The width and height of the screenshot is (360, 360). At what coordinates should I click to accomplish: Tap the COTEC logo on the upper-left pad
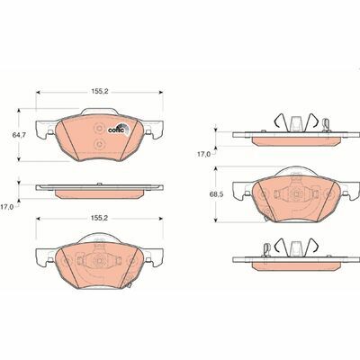pos(117,128)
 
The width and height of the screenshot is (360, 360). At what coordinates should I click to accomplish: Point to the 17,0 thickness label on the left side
pos(8,206)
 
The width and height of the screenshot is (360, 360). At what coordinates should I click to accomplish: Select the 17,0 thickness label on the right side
pos(204,154)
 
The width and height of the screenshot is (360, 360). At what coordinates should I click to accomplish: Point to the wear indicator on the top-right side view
pos(327,125)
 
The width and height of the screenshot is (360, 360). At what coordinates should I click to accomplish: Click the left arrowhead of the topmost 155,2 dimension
pos(38,91)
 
